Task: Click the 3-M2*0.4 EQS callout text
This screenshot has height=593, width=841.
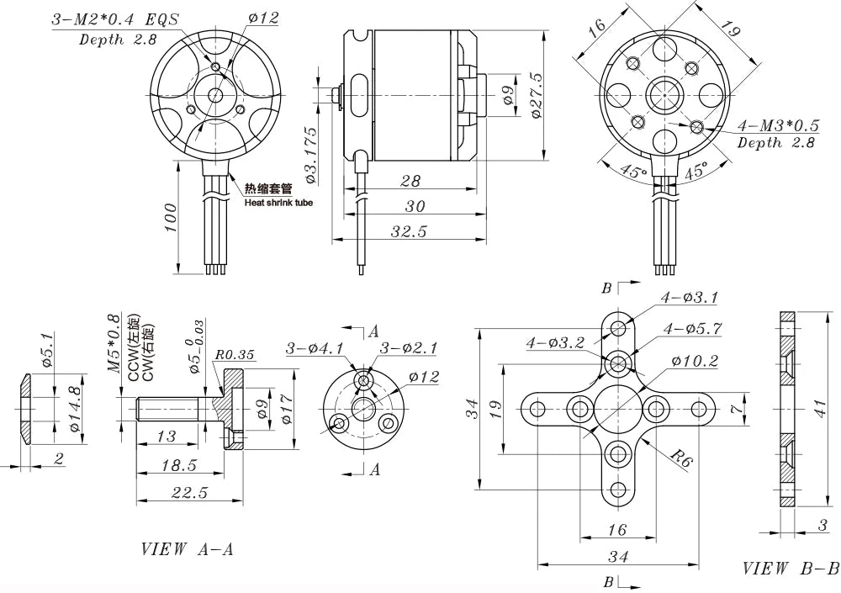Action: [x=114, y=19]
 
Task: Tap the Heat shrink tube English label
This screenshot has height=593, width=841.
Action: [x=278, y=203]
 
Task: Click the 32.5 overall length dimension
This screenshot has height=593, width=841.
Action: [x=408, y=231]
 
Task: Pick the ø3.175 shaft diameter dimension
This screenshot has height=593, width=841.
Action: [x=310, y=156]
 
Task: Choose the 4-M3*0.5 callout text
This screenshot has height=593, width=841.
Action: [x=778, y=125]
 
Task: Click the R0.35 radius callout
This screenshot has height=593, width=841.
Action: [x=235, y=355]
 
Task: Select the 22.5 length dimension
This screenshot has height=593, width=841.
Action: [x=189, y=493]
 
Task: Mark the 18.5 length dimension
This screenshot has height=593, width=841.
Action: [x=180, y=464]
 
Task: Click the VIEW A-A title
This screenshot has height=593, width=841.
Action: [x=187, y=549]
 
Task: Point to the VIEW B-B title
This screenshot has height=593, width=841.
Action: [x=791, y=569]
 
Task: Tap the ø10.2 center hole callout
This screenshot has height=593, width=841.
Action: [x=695, y=361]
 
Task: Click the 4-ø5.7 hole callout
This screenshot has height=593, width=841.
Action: [x=692, y=327]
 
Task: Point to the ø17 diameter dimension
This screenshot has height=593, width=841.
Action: [x=288, y=409]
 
